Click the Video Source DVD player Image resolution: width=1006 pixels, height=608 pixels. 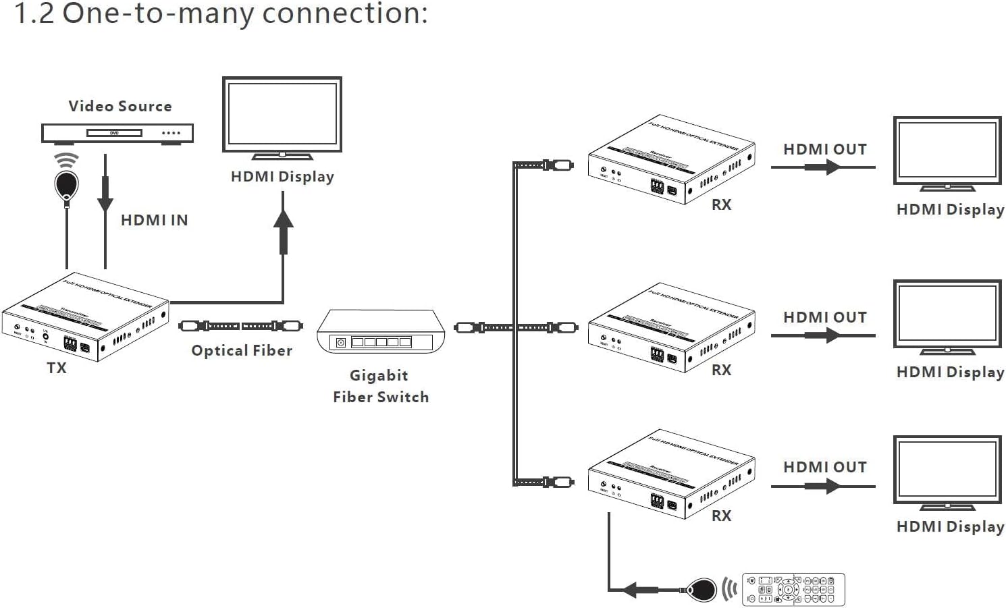point(117,134)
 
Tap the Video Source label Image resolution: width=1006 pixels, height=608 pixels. point(120,106)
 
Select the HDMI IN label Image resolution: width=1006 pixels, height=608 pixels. point(154,220)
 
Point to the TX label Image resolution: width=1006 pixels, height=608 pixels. point(57,368)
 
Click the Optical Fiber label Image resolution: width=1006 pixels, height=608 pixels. point(242,350)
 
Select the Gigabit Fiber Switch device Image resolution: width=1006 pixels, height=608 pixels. point(381,331)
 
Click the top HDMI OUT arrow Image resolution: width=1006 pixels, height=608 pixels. point(823,167)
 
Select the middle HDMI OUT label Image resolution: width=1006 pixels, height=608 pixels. point(825,317)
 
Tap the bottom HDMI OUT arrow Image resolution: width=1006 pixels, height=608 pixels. point(823,486)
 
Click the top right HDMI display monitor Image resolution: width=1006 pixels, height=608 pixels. point(947,153)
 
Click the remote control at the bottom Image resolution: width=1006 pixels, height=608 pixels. point(793,590)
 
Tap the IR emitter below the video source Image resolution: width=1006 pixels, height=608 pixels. point(66,184)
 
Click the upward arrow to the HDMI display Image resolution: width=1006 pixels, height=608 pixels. point(284,229)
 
